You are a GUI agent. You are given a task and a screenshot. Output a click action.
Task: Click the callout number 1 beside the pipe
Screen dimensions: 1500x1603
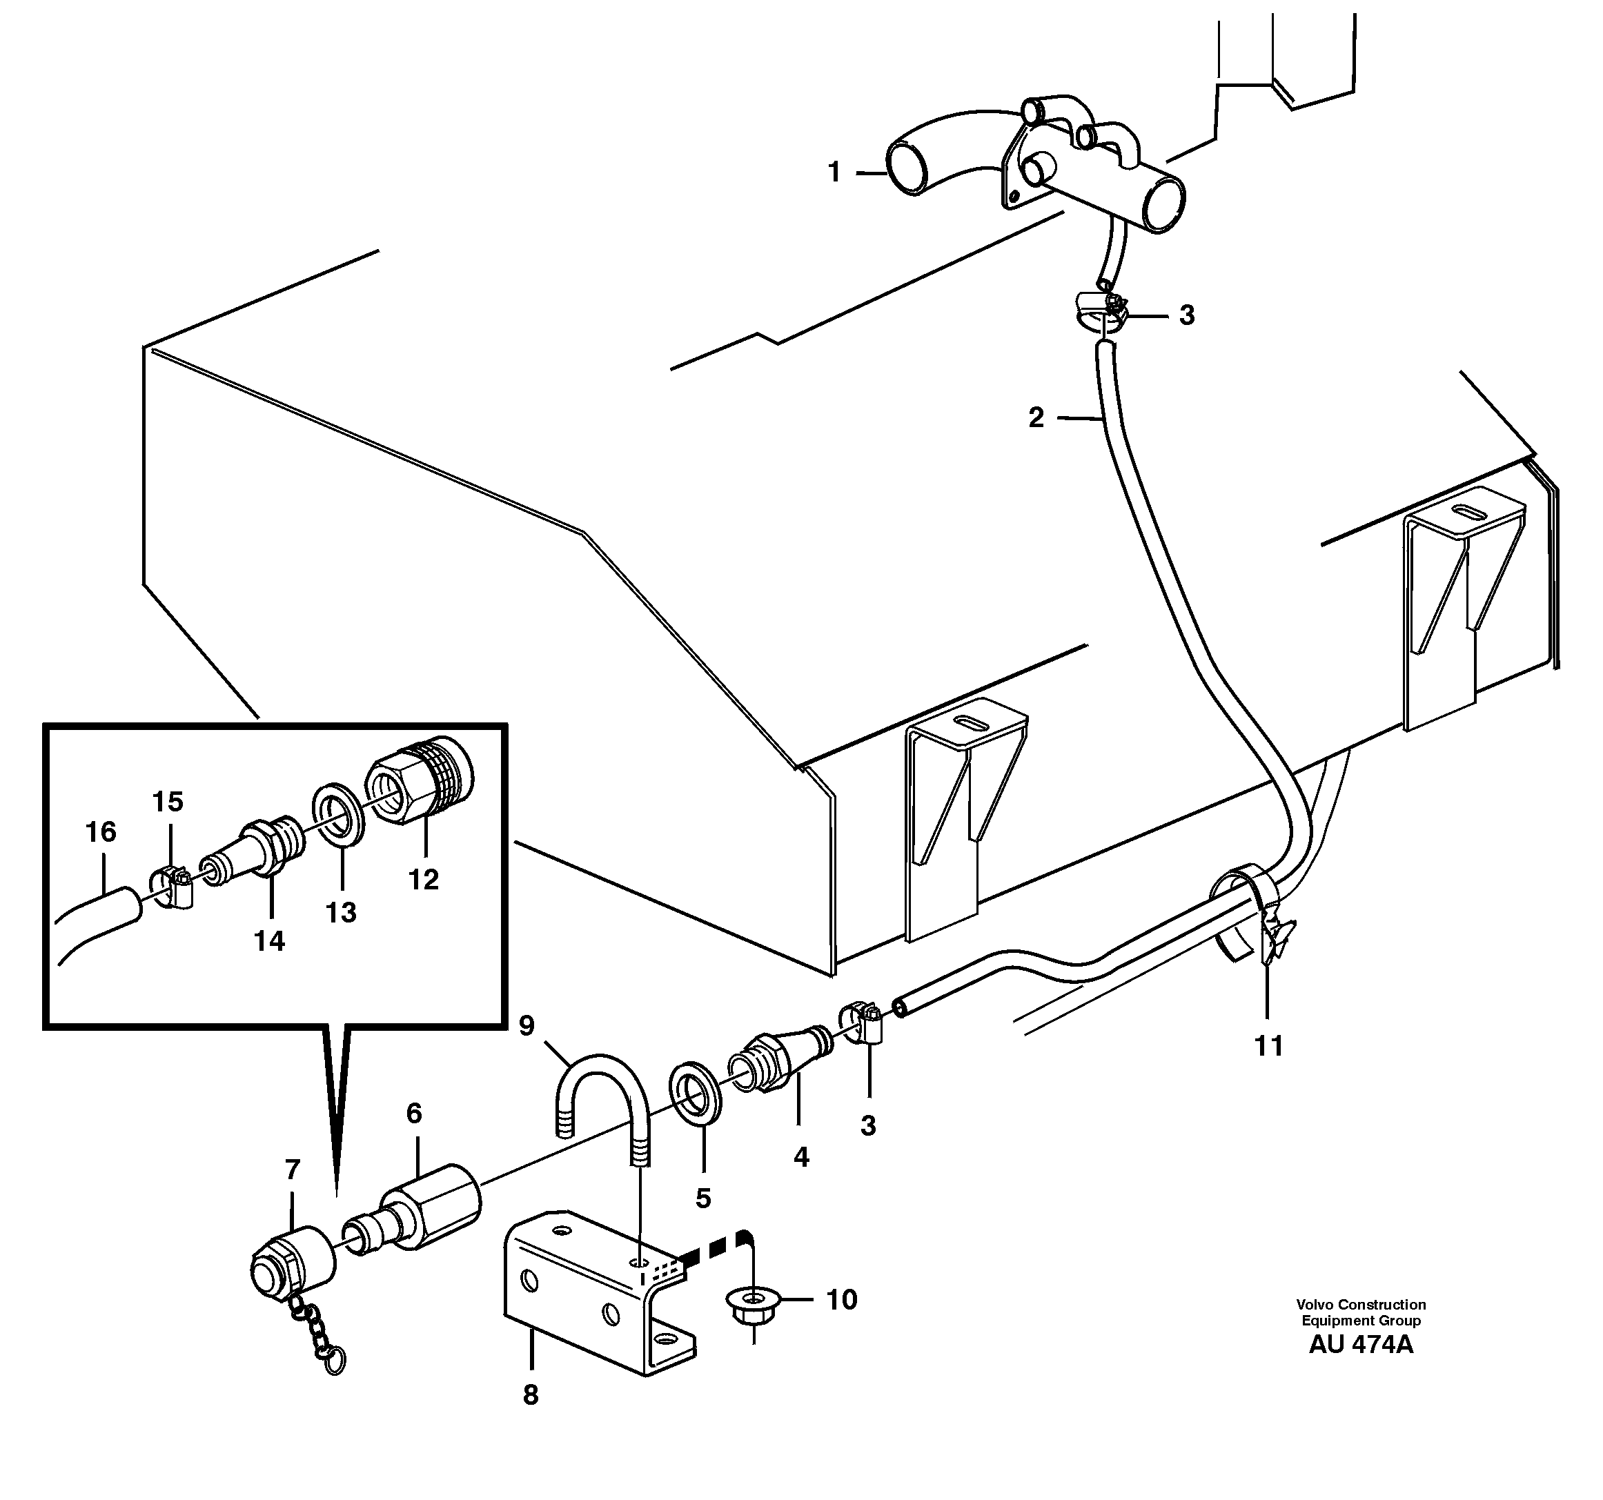tap(834, 172)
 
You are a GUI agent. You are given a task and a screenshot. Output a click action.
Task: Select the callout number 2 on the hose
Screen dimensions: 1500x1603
tap(1036, 417)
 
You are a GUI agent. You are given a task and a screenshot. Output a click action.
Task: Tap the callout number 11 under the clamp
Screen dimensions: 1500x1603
tap(1268, 1047)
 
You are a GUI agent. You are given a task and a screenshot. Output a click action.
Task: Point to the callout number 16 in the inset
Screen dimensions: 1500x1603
tap(101, 831)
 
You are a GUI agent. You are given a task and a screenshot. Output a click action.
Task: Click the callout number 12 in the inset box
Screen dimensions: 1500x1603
tap(423, 879)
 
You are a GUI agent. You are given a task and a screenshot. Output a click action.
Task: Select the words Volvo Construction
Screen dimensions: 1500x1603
tap(1361, 1304)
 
